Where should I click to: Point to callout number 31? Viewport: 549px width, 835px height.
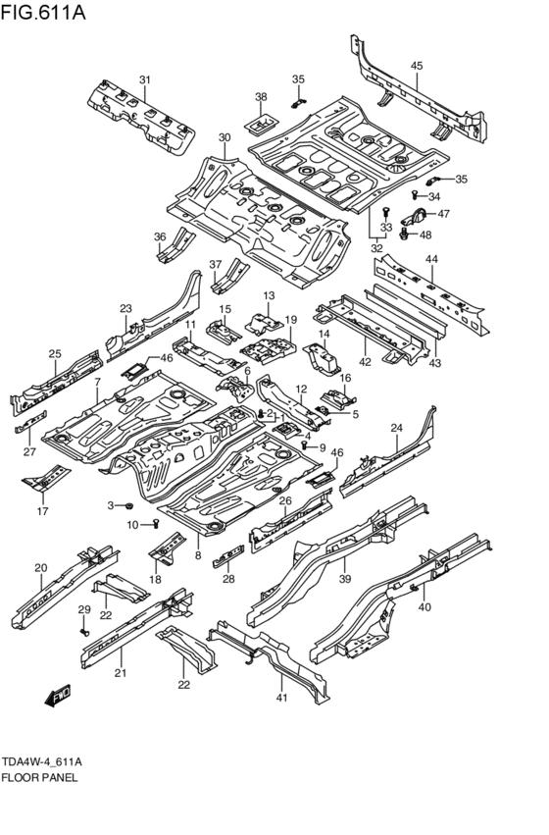pos(144,80)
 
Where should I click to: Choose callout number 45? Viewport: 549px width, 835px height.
pos(417,66)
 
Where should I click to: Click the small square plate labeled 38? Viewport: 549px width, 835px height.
pos(261,125)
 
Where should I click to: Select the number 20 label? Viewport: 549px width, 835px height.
pos(40,568)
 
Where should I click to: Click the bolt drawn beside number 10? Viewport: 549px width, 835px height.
pos(155,525)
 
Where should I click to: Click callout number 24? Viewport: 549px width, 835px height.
pos(396,428)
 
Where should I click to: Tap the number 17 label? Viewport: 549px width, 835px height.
pos(42,511)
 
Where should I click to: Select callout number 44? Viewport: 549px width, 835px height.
pos(430,259)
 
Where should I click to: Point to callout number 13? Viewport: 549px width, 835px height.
pos(268,295)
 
